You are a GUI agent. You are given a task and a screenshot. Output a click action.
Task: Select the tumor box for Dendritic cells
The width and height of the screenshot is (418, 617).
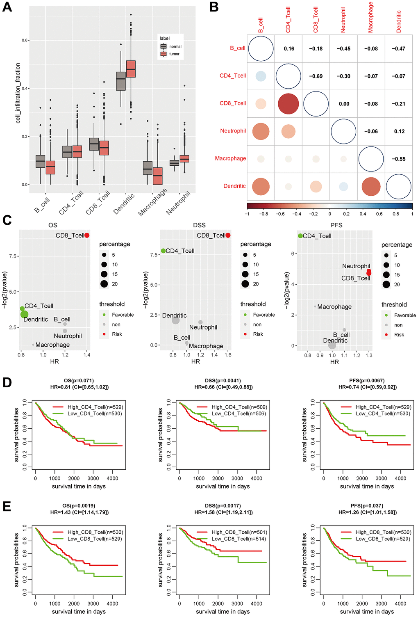pos(131,69)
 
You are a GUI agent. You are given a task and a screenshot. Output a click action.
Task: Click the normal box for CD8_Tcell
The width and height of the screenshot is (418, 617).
pos(94,144)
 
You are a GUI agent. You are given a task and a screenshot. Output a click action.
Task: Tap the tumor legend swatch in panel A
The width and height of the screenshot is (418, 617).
pos(164,54)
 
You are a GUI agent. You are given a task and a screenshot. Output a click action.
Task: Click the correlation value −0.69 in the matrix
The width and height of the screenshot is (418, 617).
pos(316,76)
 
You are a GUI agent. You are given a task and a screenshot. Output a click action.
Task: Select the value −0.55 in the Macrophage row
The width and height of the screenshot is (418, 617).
pos(398,159)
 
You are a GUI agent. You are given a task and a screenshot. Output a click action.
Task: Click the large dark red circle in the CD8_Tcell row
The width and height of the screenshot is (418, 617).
pos(289,104)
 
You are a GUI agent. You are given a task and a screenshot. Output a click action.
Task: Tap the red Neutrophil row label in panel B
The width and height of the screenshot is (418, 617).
pos(233,131)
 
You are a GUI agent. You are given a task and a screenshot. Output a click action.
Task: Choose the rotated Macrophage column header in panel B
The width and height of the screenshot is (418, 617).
pos(370,17)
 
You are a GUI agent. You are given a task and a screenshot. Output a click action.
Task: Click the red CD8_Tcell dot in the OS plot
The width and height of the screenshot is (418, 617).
pos(87,235)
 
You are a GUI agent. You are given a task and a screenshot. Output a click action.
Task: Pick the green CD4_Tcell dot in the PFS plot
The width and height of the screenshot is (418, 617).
pos(300,236)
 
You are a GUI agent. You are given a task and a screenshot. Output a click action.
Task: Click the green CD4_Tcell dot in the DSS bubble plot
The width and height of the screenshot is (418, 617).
pos(164,251)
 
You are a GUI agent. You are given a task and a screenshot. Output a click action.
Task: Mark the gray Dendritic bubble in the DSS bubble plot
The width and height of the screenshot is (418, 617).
pos(175,320)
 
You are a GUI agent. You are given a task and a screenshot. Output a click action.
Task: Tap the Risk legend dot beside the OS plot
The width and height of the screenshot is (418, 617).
pos(104,334)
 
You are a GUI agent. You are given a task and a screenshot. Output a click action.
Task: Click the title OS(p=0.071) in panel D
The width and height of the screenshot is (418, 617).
pos(79,380)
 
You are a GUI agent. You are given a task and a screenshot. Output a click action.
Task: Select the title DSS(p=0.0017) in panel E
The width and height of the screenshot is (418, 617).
pos(223,505)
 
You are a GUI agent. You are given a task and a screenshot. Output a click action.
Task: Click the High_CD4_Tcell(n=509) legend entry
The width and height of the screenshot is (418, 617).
pos(239,407)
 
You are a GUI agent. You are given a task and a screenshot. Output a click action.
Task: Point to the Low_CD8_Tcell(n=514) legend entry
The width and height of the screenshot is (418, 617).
pos(239,539)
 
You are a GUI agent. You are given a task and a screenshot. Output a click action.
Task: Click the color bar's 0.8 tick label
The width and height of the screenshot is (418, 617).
pos(396,214)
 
